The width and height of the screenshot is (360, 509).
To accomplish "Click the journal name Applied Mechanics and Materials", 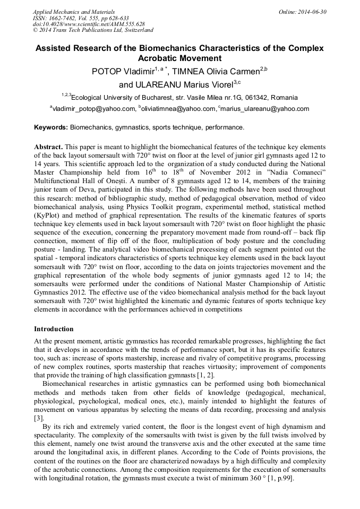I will (x=73, y=11).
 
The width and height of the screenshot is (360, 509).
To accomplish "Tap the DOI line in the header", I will (x=88, y=24).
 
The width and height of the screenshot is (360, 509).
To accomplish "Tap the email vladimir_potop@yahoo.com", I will (x=94, y=109).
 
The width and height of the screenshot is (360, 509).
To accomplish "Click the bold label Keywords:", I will (x=51, y=128).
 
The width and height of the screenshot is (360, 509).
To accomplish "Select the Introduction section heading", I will (x=54, y=329).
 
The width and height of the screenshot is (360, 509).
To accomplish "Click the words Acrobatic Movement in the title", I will (x=179, y=58).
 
